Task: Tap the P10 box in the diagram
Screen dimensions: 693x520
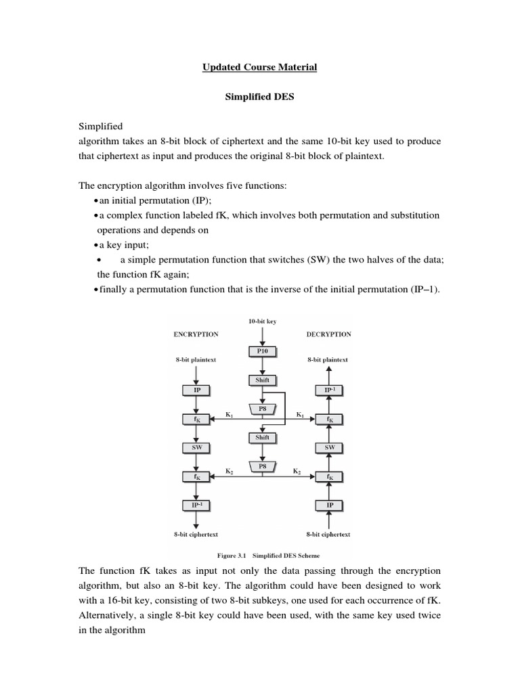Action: click(262, 351)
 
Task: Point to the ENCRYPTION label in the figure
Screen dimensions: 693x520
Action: click(196, 334)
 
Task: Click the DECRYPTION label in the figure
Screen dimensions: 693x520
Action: click(328, 334)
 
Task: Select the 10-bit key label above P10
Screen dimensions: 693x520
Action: click(262, 322)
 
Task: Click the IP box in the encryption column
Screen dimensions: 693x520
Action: click(196, 390)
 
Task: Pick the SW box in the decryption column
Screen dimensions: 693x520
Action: click(330, 448)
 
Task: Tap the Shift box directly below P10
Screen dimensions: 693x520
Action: click(262, 380)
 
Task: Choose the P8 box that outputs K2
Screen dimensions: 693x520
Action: click(262, 466)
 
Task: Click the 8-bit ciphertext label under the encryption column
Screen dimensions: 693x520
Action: click(196, 534)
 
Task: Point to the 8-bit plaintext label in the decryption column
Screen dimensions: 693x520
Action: click(328, 360)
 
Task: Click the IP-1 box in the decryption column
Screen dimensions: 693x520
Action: click(330, 390)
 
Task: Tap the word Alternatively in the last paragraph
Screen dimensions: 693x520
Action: click(111, 615)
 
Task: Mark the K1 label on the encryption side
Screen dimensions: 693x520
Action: click(228, 413)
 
